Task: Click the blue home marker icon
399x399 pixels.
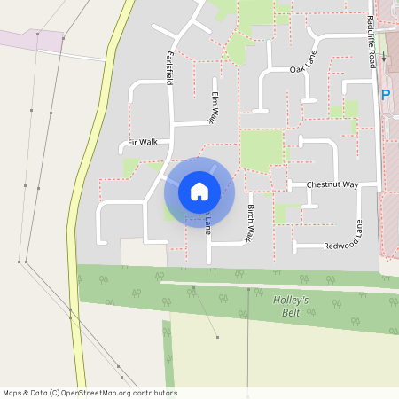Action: coord(199,192)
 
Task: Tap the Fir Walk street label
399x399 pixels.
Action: coord(142,142)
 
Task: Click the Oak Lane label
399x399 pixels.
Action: coord(302,69)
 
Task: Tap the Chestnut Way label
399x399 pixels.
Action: coord(332,184)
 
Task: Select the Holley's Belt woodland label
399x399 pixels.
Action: coord(290,305)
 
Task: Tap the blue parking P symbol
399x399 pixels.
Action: coord(386,94)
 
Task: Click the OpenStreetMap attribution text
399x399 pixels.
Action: coord(90,393)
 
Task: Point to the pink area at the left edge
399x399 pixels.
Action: coord(31,41)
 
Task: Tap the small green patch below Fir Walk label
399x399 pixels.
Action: coord(131,166)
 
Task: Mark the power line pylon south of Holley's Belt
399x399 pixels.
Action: coord(217,337)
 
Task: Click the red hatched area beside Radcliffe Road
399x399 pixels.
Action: coord(390,222)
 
